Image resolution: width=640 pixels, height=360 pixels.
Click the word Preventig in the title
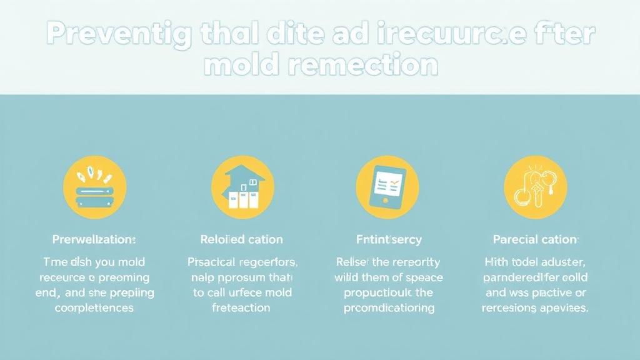click(x=119, y=36)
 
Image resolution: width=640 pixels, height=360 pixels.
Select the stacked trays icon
click(x=95, y=186)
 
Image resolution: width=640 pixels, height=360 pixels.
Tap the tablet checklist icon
click(x=387, y=186)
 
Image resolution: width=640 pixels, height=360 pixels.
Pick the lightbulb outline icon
click(x=535, y=186)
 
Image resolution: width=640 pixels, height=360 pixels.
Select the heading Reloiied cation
click(x=242, y=239)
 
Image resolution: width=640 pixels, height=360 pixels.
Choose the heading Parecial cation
click(x=535, y=239)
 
